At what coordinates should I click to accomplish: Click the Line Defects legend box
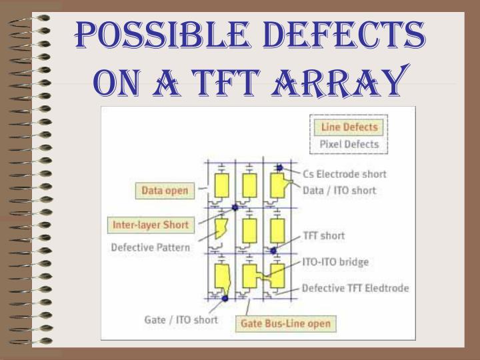[349, 127]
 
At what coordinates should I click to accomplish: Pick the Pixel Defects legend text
[349, 144]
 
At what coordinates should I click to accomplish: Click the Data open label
[165, 191]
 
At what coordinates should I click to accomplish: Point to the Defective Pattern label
[150, 247]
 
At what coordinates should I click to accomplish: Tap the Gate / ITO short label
[181, 319]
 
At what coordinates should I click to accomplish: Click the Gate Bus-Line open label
[285, 324]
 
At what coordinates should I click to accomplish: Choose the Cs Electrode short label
[344, 175]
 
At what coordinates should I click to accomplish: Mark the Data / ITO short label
[339, 191]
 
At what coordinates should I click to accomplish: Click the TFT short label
[323, 235]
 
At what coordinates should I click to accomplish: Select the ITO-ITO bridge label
[335, 262]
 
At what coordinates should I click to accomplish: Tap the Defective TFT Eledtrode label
[355, 289]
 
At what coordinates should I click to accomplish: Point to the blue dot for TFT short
[273, 251]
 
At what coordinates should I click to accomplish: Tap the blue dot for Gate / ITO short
[225, 298]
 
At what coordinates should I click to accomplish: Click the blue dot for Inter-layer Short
[234, 207]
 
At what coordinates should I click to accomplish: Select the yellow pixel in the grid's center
[249, 229]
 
